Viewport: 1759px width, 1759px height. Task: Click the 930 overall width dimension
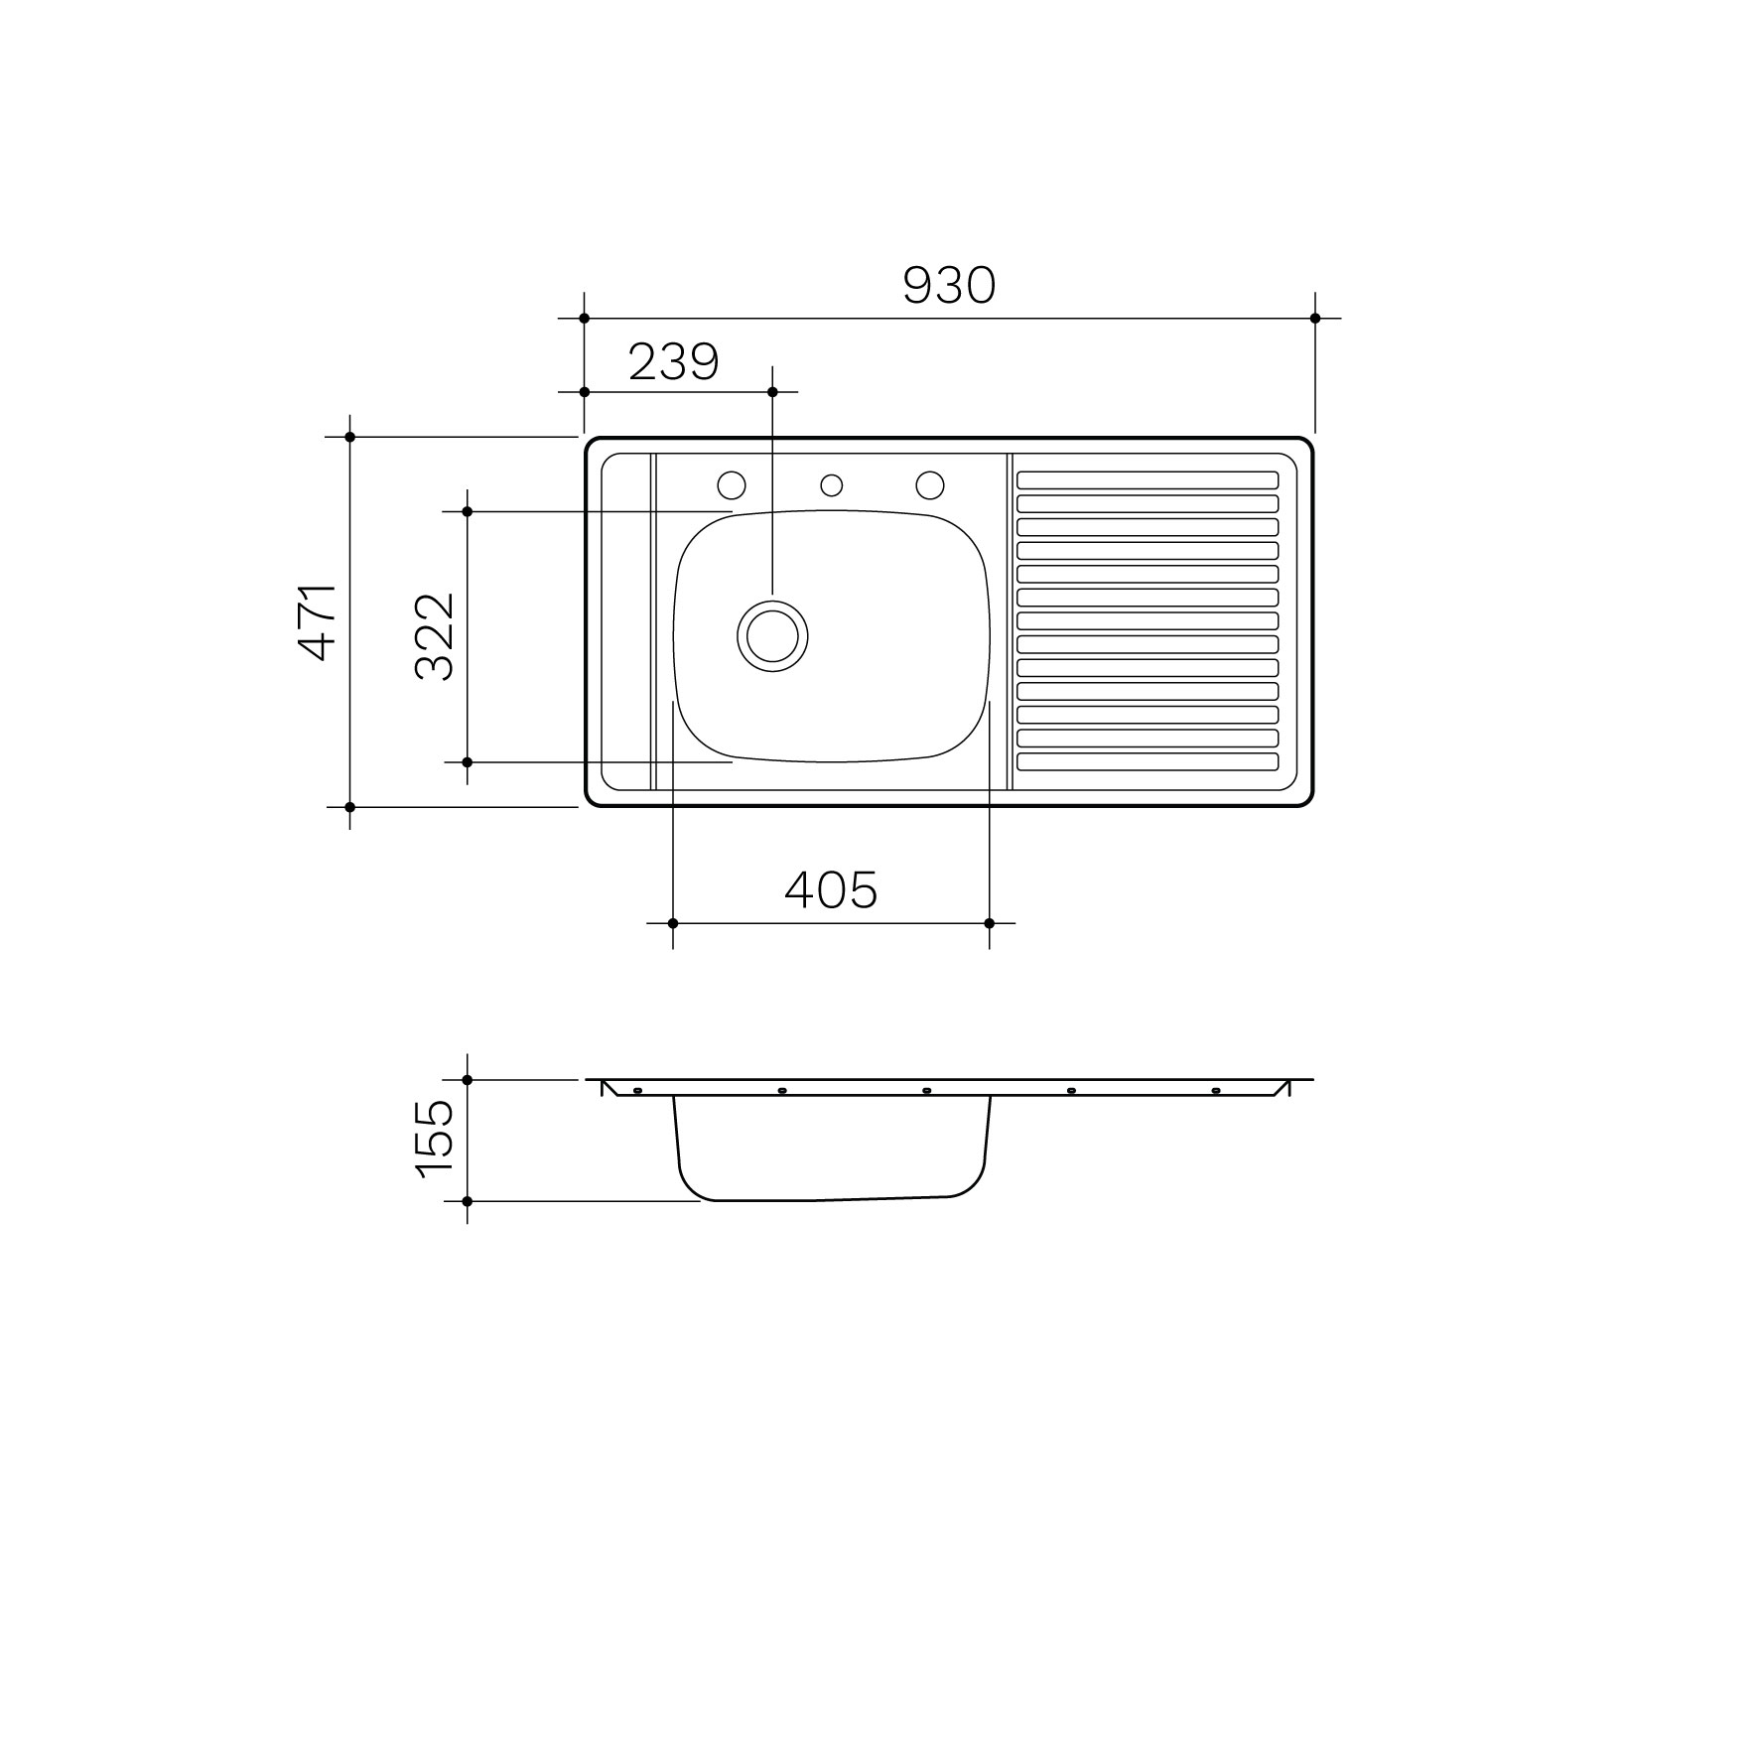(x=948, y=286)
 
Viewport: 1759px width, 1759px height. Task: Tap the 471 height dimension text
(x=320, y=621)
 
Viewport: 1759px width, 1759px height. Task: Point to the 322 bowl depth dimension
(x=434, y=636)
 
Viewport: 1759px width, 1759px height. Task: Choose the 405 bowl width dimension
(x=831, y=890)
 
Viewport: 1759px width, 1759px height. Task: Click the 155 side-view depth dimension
(x=435, y=1139)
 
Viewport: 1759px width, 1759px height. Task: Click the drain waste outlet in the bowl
(x=772, y=635)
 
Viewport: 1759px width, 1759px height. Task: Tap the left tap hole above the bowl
(x=732, y=485)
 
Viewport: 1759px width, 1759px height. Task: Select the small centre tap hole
(x=832, y=485)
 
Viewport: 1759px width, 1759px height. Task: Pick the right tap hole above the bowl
(x=930, y=485)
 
